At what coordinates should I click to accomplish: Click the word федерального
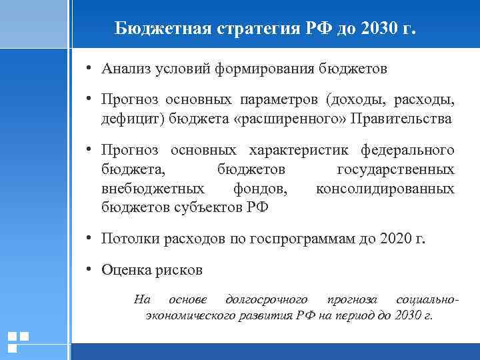407,150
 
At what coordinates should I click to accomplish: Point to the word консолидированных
385,189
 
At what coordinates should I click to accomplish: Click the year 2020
397,239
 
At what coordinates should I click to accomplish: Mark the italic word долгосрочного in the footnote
267,299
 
